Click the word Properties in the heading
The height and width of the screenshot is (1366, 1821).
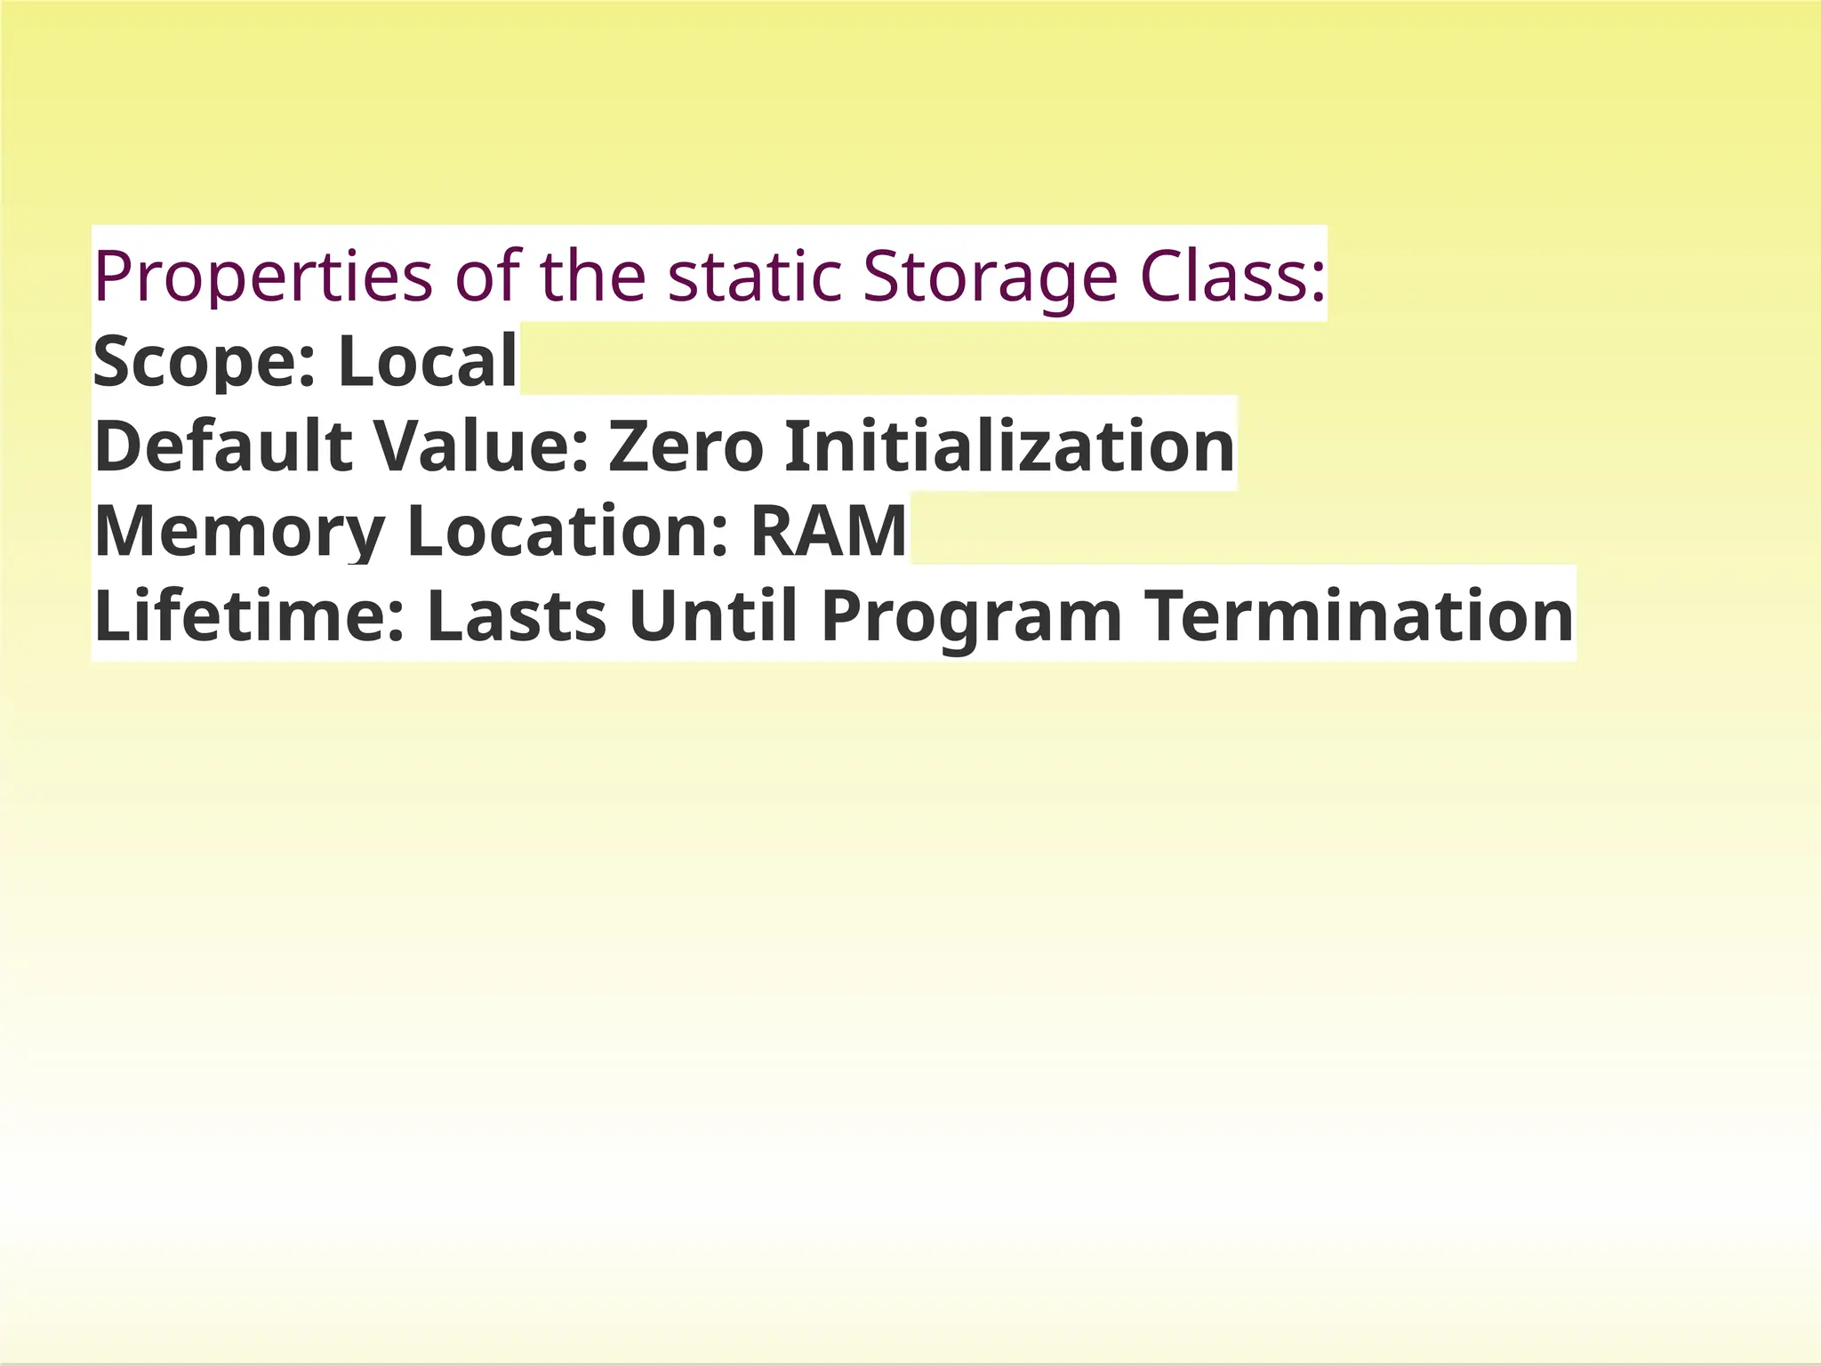pos(263,277)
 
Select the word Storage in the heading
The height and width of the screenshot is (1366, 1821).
pos(990,277)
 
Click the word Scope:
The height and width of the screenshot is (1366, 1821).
pos(205,361)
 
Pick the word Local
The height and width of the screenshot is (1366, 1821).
pos(427,361)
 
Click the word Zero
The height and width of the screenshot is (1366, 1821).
pos(686,446)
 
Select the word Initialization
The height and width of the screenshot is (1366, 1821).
pos(1009,446)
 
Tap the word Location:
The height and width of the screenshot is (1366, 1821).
pos(567,530)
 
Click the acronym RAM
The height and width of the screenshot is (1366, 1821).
pos(829,530)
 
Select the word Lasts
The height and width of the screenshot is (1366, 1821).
pos(517,615)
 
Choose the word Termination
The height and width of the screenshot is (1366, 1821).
pos(1358,615)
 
